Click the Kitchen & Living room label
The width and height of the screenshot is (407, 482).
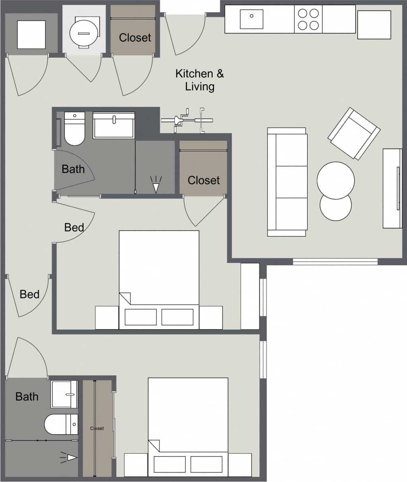coord(200,80)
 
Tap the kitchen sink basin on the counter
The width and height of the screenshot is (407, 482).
coord(251,19)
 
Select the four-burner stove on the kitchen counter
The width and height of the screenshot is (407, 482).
coord(308,19)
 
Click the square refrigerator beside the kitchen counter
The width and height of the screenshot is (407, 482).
coord(374,25)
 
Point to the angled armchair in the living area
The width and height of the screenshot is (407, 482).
coord(354,134)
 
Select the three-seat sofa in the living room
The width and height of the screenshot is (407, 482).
coord(287,182)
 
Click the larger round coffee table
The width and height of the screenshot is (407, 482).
coord(336,180)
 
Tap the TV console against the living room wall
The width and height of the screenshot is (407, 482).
coord(392,188)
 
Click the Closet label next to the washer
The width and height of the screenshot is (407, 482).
coord(135,38)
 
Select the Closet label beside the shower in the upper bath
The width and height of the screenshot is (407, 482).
coord(203,180)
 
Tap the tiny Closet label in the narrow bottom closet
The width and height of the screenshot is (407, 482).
coord(97,428)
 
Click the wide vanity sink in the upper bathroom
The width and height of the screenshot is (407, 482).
coord(114,125)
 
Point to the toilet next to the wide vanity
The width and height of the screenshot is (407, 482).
coord(74,129)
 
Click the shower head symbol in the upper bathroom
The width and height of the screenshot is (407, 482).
coord(156,185)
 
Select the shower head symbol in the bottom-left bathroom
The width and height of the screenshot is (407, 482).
coord(70,458)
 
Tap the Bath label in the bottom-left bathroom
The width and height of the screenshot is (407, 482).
coord(27,396)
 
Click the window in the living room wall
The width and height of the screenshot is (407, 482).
coord(335,261)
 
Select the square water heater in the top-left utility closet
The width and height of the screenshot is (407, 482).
coord(31,34)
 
